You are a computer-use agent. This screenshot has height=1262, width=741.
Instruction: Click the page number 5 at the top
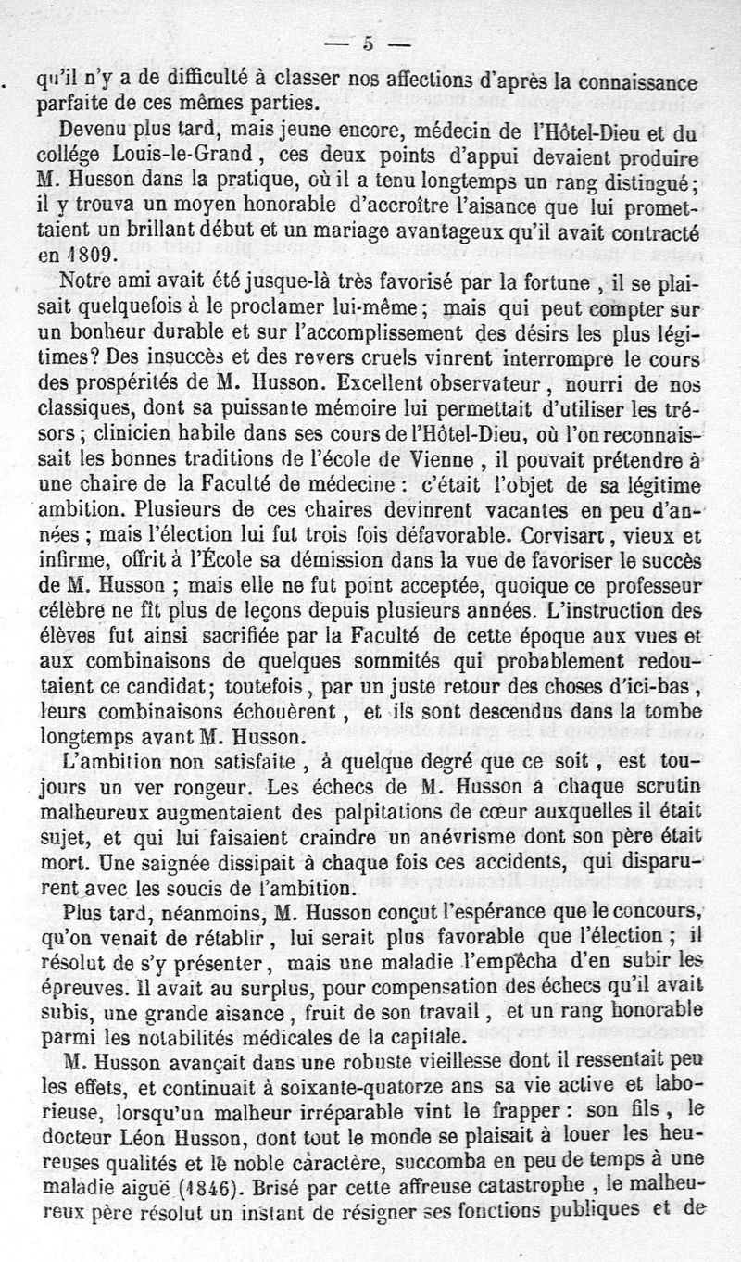tap(368, 43)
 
